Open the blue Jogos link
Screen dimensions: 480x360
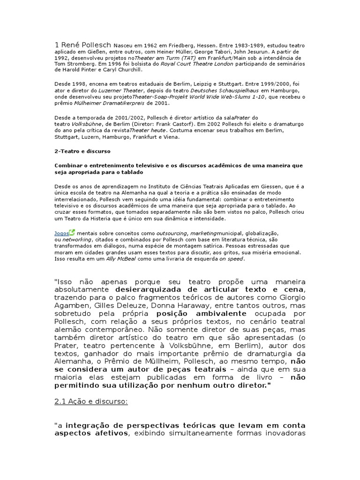click(61, 233)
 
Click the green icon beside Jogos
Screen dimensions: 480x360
click(71, 232)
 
